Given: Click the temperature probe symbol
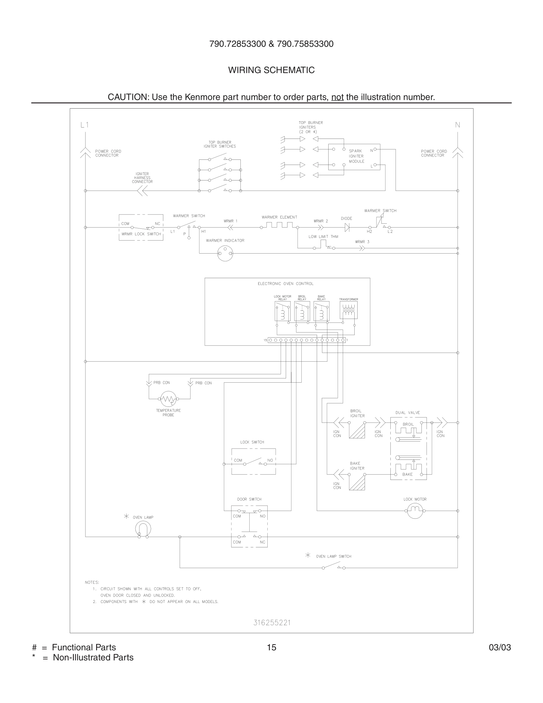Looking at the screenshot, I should click(168, 399).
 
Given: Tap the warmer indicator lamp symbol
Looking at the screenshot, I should click(225, 253).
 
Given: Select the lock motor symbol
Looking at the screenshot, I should click(415, 510).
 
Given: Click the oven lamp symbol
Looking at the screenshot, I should click(143, 529).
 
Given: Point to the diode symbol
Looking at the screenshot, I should click(347, 228).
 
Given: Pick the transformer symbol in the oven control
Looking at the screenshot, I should click(348, 310).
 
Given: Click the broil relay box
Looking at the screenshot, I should click(302, 311).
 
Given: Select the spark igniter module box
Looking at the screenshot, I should click(354, 157).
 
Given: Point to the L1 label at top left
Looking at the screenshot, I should click(85, 125).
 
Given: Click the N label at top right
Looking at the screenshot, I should click(458, 125).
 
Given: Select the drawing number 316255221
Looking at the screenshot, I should click(272, 623).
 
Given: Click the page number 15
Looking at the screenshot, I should click(271, 647).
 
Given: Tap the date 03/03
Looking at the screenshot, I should click(500, 647).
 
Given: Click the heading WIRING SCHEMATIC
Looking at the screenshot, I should click(271, 70).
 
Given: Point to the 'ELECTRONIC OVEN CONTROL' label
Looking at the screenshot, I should click(285, 283).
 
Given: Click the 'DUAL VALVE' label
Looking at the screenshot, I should click(408, 413).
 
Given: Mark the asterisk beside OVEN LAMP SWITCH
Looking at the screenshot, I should click(308, 555).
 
